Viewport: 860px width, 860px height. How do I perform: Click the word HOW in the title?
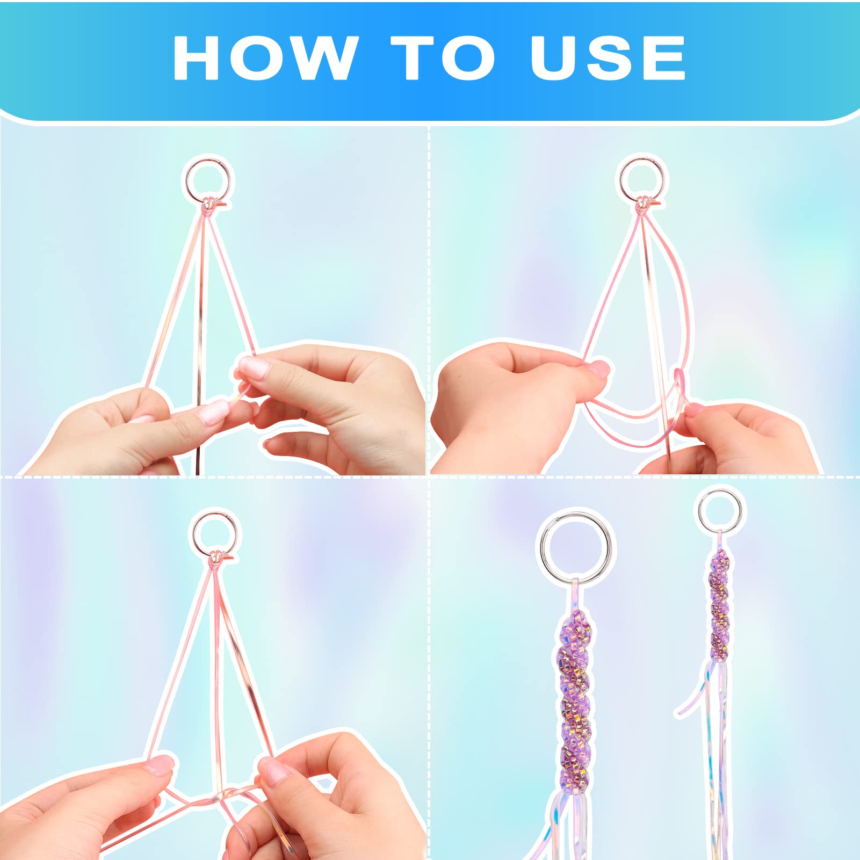(265, 58)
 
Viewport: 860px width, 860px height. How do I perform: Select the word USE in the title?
(608, 58)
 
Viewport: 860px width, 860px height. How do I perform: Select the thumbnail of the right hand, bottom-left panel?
(274, 769)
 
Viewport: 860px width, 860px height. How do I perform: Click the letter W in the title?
(326, 59)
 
